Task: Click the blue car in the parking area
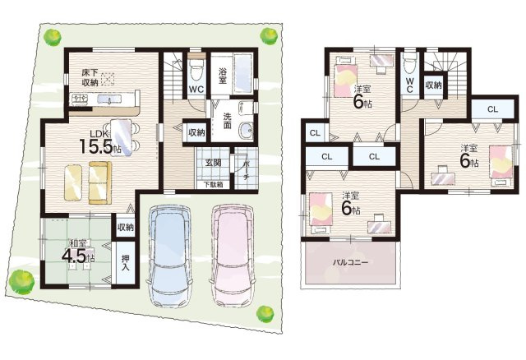click(x=169, y=256)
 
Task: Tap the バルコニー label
click(x=350, y=262)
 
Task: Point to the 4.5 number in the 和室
click(x=73, y=256)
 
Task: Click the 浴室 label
click(x=223, y=76)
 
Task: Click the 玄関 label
click(x=213, y=164)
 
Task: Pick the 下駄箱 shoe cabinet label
click(x=212, y=185)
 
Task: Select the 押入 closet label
click(x=126, y=263)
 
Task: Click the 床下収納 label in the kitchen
click(x=90, y=78)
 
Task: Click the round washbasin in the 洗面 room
click(x=247, y=130)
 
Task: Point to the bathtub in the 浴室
click(x=242, y=73)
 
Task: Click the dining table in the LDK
click(x=121, y=137)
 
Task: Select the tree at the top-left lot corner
click(x=52, y=37)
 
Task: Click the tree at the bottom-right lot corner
click(x=265, y=314)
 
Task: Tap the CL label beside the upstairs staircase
click(x=492, y=109)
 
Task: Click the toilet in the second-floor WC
click(x=409, y=63)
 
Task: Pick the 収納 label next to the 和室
click(x=126, y=228)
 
